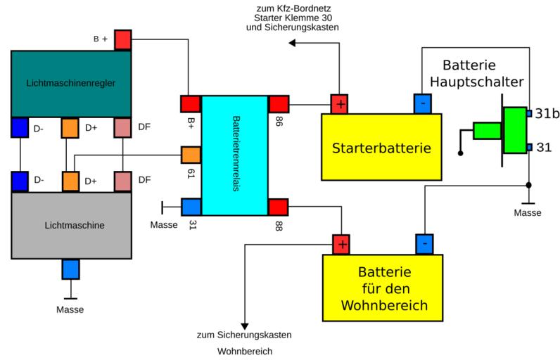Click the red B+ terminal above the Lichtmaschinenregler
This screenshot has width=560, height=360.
(x=123, y=39)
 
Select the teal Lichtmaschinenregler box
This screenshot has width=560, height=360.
(x=72, y=83)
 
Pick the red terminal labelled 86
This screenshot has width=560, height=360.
(x=279, y=104)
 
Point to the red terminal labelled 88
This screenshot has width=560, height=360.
(x=279, y=207)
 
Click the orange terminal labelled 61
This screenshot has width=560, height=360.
(x=191, y=155)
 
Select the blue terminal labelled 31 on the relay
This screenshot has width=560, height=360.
(x=191, y=207)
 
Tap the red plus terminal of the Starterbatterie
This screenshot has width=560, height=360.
(x=341, y=104)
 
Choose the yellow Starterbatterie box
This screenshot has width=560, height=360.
(x=381, y=148)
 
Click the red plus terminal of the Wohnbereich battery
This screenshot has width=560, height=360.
(x=341, y=245)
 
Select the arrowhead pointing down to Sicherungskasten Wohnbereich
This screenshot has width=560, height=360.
(x=245, y=321)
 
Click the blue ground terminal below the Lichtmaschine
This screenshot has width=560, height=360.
(x=71, y=269)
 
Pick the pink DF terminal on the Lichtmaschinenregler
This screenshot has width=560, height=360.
(x=123, y=128)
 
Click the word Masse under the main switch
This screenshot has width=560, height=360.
(x=527, y=212)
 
